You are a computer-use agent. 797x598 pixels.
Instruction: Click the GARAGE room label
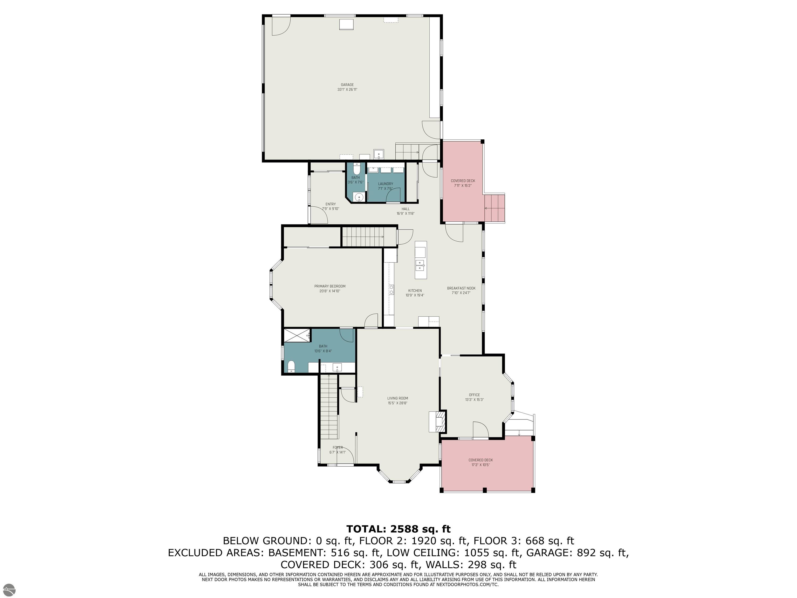(x=347, y=85)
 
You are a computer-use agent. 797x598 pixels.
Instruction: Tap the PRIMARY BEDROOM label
(x=330, y=286)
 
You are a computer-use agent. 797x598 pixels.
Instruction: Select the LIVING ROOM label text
(x=397, y=398)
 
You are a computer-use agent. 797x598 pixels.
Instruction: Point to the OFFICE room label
(x=474, y=395)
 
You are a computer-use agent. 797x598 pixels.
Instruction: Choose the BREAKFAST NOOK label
(x=461, y=288)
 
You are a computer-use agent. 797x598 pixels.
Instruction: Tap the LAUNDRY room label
(x=386, y=184)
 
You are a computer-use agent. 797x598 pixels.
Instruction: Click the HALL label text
(x=406, y=209)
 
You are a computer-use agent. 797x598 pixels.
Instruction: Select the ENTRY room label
(x=331, y=204)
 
